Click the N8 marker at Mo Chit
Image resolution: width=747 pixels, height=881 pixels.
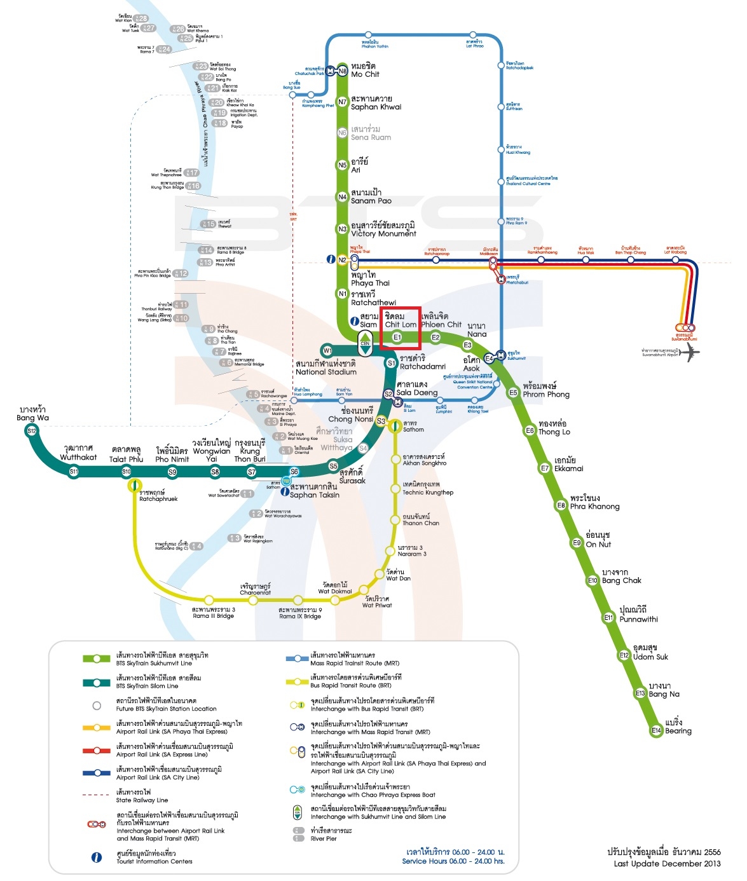pos(343,71)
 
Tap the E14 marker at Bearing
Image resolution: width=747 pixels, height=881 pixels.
pos(656,730)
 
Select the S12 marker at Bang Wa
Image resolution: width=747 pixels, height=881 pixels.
pos(32,431)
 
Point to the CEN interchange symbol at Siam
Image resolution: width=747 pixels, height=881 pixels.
pos(365,345)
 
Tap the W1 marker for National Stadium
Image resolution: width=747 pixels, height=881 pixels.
pos(327,350)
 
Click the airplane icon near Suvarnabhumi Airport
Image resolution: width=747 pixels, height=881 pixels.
pos(690,353)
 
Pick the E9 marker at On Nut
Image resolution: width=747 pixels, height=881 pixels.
pos(577,543)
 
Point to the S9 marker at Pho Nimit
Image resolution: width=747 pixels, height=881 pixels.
pos(172,472)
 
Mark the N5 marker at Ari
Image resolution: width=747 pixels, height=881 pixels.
pos(343,165)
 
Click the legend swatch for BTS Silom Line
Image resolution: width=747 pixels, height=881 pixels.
pos(97,682)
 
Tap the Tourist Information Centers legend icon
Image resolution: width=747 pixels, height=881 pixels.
pos(97,857)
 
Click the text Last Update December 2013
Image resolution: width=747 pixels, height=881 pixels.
pos(667,863)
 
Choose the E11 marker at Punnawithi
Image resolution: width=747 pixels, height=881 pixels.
pos(608,617)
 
